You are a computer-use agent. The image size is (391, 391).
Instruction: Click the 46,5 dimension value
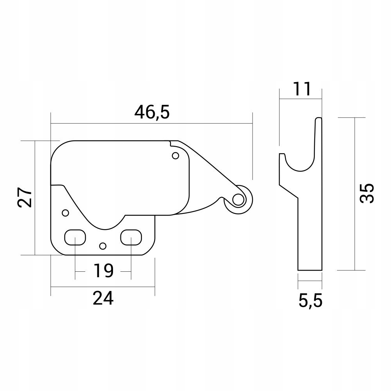coord(152,112)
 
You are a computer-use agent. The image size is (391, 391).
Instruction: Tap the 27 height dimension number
coord(25,197)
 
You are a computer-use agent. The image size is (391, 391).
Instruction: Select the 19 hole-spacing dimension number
coord(104,271)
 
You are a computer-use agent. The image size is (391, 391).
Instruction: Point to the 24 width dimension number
coord(103,298)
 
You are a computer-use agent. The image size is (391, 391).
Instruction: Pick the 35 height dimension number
coord(367,194)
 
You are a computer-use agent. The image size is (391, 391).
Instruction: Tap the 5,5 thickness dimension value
coord(310,301)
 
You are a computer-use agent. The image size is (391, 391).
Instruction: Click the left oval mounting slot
coord(75,237)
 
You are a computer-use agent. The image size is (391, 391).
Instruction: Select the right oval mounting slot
coord(131,237)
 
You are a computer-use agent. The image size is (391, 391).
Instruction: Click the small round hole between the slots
coord(103,246)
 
